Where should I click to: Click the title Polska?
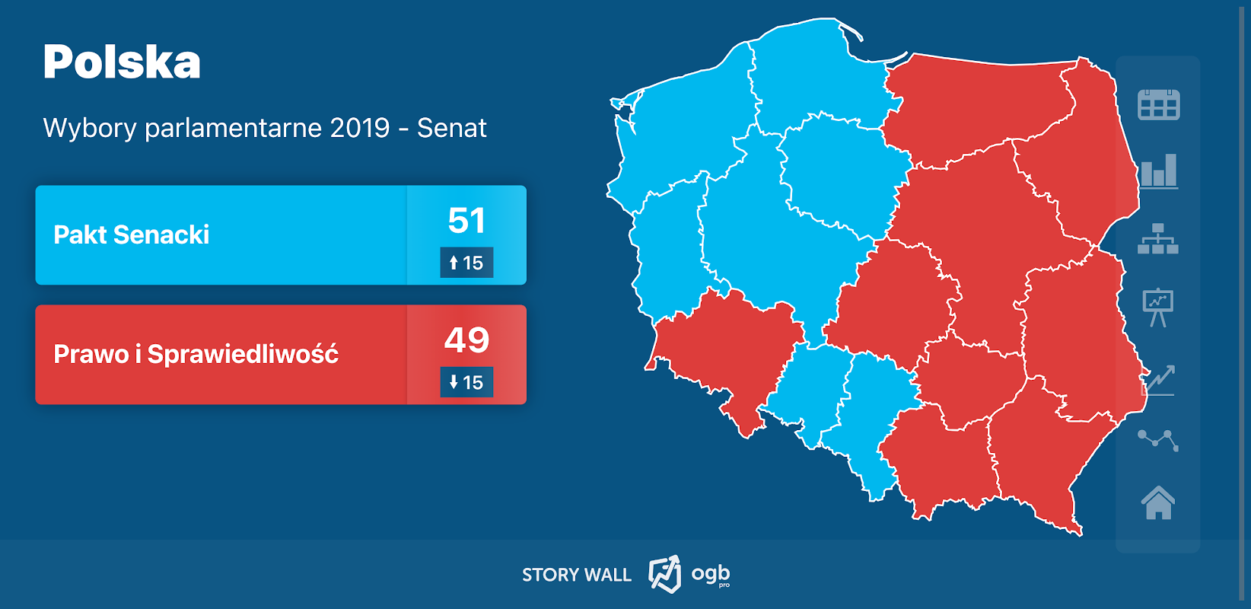point(122,62)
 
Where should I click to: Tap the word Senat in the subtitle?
point(451,128)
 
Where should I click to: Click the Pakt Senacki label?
point(131,234)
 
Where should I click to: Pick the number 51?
point(466,221)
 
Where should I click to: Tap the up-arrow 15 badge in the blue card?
point(466,263)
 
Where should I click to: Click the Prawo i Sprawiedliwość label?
point(196,354)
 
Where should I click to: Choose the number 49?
point(466,340)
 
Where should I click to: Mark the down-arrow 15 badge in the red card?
point(466,382)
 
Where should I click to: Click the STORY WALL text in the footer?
point(576,575)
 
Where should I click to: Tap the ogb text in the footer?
point(710,573)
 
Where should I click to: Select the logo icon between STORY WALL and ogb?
point(664,574)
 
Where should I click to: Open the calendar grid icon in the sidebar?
point(1158,105)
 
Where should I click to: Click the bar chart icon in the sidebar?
point(1158,171)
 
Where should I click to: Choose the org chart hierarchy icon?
point(1158,239)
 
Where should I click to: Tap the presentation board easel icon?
point(1158,307)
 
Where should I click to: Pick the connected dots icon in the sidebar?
point(1158,439)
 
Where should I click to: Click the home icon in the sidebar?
point(1158,502)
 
